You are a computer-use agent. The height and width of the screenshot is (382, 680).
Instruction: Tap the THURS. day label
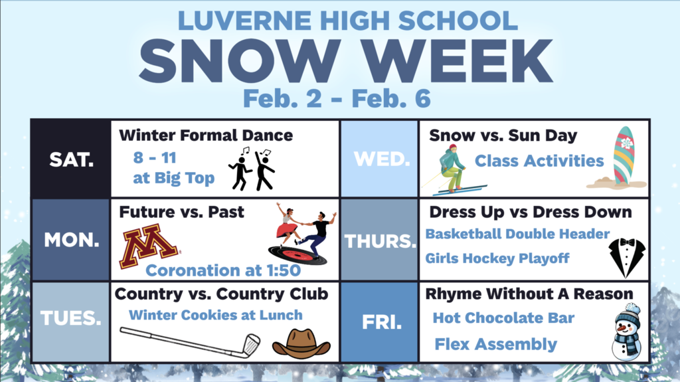[x=379, y=241]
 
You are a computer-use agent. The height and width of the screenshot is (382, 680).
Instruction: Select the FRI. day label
[x=380, y=322]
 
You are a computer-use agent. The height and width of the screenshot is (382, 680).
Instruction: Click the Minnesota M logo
[x=148, y=246]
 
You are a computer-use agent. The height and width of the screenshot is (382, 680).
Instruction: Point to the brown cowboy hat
[x=301, y=342]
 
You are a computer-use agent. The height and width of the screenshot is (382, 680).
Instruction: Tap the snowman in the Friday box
[x=626, y=332]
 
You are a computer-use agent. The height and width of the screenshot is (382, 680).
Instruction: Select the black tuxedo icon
[x=626, y=257]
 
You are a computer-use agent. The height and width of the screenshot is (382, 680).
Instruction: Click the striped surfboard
[x=623, y=156]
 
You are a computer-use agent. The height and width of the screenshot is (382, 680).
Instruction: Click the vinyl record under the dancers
[x=297, y=253]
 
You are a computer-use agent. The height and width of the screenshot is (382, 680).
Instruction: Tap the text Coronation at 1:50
[x=222, y=270]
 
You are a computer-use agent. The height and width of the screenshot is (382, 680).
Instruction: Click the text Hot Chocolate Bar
[x=503, y=318]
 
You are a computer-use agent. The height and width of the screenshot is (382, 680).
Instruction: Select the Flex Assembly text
[x=495, y=344]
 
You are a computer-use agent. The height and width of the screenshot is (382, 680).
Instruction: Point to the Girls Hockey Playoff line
[x=497, y=258]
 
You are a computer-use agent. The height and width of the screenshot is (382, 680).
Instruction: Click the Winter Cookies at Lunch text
[x=215, y=315]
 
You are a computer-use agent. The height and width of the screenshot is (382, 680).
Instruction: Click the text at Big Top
[x=173, y=178]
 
